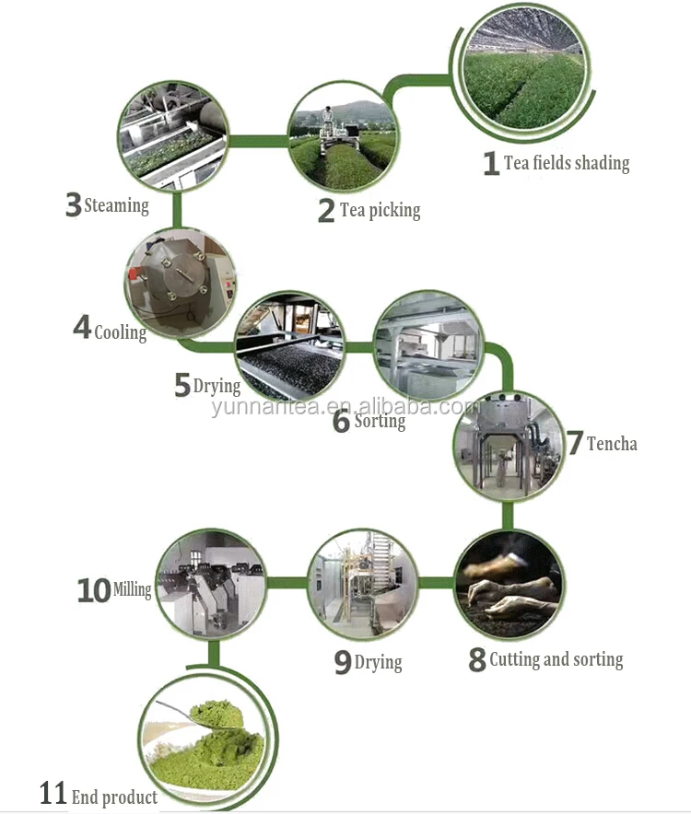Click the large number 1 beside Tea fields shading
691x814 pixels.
click(491, 163)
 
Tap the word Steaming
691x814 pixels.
click(116, 205)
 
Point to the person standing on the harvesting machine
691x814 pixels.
click(328, 120)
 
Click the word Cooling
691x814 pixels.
click(121, 332)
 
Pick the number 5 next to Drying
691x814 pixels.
click(182, 385)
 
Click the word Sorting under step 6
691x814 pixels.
click(380, 421)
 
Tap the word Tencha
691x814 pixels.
click(612, 444)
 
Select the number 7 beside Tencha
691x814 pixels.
click(575, 443)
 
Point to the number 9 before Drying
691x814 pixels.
click(343, 662)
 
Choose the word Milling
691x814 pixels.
click(133, 589)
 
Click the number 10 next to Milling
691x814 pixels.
click(94, 591)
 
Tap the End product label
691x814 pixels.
click(114, 797)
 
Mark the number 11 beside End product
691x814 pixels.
click(53, 793)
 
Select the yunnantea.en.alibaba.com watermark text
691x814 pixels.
click(345, 407)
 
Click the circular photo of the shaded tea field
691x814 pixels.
click(526, 71)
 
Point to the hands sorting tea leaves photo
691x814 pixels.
click(509, 585)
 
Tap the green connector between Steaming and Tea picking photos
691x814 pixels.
click(257, 141)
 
